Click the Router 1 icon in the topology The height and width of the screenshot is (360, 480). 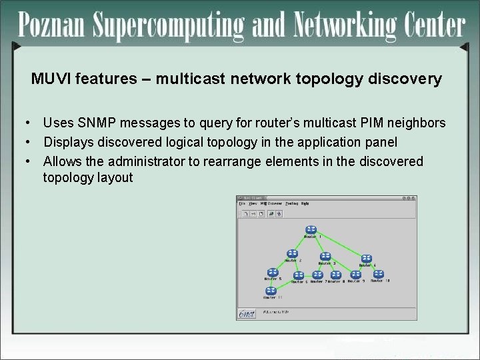pyautogui.click(x=311, y=230)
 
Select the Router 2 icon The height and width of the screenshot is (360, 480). pyautogui.click(x=292, y=254)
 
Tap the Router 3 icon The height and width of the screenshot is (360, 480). pyautogui.click(x=325, y=257)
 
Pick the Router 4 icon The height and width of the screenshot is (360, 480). pyautogui.click(x=366, y=259)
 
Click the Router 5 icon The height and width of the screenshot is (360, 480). pyautogui.click(x=273, y=273)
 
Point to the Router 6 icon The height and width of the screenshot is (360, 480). pyautogui.click(x=299, y=275)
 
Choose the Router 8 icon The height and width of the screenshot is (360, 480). pyautogui.click(x=336, y=275)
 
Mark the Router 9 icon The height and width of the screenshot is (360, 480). pyautogui.click(x=355, y=274)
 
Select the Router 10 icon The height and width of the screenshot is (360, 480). pyautogui.click(x=378, y=274)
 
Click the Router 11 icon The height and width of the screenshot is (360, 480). pyautogui.click(x=271, y=291)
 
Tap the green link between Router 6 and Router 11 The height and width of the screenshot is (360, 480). pyautogui.click(x=285, y=284)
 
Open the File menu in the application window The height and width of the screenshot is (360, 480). pyautogui.click(x=242, y=203)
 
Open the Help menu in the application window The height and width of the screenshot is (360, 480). pyautogui.click(x=305, y=203)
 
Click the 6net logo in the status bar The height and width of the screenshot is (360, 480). pyautogui.click(x=247, y=313)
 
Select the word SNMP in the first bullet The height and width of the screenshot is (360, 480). pyautogui.click(x=93, y=123)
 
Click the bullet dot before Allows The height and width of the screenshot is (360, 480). pyautogui.click(x=27, y=161)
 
